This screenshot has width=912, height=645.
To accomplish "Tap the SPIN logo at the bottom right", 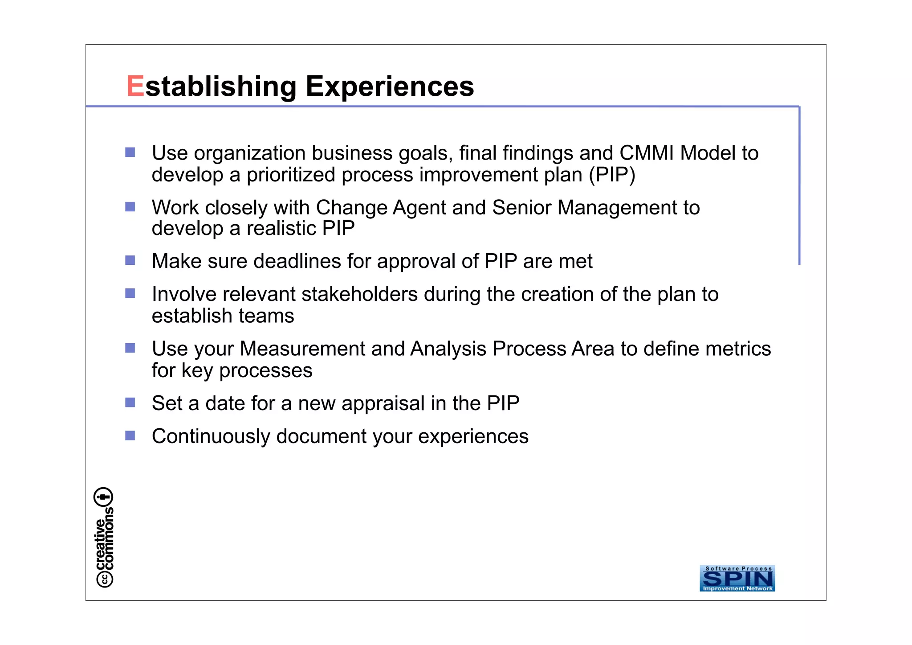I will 737,578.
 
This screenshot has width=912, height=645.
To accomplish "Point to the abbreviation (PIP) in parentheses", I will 612,174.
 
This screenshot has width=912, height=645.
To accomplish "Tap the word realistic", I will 281,228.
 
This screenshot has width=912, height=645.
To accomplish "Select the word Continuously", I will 211,436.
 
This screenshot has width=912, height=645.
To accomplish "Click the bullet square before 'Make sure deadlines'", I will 130,260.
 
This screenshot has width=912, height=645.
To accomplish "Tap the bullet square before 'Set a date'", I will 130,403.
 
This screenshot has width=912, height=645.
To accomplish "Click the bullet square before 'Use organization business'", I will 130,152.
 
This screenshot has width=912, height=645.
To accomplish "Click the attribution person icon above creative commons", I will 103,497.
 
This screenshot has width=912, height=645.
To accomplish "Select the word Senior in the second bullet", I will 521,208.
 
